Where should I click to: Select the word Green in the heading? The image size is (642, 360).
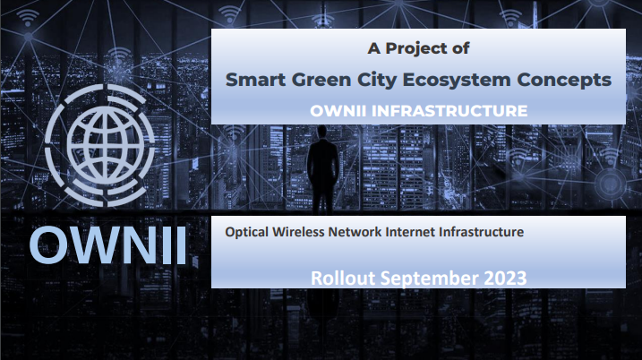pyautogui.click(x=321, y=80)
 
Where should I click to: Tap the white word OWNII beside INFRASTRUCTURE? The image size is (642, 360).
pyautogui.click(x=338, y=111)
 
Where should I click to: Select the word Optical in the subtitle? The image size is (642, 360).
pyautogui.click(x=247, y=232)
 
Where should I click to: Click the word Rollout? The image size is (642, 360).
pyautogui.click(x=343, y=279)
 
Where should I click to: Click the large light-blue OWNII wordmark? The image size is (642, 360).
pyautogui.click(x=108, y=244)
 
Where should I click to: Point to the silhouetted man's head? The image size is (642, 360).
pyautogui.click(x=322, y=132)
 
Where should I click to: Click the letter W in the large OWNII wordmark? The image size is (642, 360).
pyautogui.click(x=91, y=244)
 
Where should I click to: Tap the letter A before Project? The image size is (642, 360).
pyautogui.click(x=373, y=48)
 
